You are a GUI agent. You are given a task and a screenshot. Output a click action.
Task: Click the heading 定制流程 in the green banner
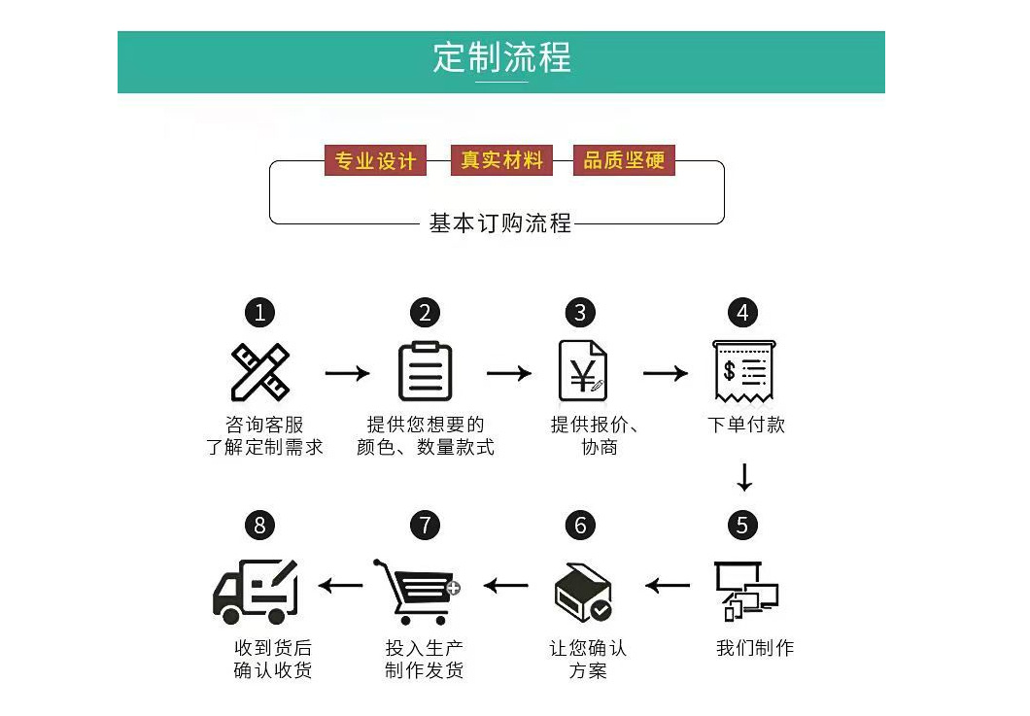pos(501,57)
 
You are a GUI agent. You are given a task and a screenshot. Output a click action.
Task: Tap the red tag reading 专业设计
pos(375,160)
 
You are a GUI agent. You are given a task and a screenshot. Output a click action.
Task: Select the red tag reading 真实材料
pos(501,160)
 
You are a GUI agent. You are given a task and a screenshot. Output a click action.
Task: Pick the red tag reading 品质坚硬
pos(624,160)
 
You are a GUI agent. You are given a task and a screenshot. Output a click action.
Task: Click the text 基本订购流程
pos(500,223)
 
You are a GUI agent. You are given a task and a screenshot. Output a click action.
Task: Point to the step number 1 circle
pos(259,313)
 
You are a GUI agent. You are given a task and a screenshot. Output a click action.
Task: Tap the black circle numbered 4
pos(743,313)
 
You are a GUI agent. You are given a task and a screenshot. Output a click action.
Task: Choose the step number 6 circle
pos(580,526)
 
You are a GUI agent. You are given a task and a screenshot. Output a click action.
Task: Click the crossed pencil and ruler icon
pos(259,372)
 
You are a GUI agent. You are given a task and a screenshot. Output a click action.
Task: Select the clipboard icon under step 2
pos(426,371)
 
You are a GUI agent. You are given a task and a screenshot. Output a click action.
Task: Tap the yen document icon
pos(582,371)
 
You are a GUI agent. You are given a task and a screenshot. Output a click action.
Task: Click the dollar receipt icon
pos(743,371)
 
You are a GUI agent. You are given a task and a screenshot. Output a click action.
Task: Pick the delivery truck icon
pos(256,590)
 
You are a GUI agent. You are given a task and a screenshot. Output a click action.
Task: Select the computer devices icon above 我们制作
pos(745,590)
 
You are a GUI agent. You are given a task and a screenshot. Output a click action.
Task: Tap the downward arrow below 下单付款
pos(744,478)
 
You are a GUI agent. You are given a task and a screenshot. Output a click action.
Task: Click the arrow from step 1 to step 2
pos(347,373)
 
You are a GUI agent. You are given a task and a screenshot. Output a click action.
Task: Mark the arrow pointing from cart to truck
pos(340,585)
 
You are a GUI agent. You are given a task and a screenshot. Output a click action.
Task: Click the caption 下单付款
pos(745,425)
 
